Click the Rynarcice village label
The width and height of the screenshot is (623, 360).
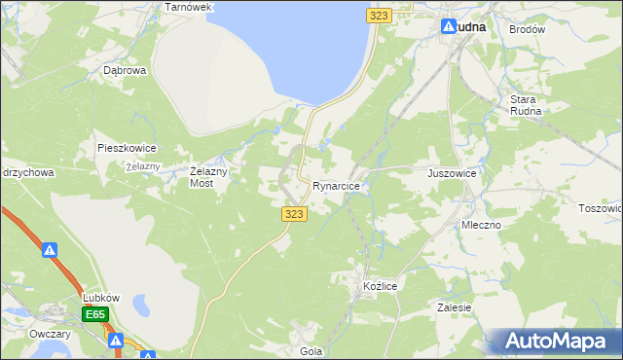(337, 185)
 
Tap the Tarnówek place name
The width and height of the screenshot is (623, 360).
(189, 7)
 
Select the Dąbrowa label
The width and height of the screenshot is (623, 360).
(125, 71)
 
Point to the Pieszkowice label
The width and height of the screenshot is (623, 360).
(127, 148)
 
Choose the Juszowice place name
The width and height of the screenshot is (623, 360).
(452, 173)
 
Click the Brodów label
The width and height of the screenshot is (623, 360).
(527, 29)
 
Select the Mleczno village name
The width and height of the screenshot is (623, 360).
(481, 225)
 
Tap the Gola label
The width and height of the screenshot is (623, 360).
(311, 351)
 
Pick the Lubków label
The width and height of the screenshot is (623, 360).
(100, 297)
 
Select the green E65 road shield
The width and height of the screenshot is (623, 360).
(94, 314)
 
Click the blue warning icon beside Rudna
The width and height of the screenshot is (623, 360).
(449, 27)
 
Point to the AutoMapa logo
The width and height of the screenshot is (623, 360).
(554, 342)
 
